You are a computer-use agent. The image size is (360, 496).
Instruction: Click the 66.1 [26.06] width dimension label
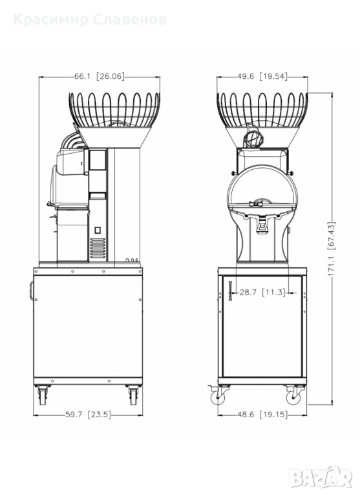tap(100, 76)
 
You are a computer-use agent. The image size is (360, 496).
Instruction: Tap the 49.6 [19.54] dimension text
tap(262, 76)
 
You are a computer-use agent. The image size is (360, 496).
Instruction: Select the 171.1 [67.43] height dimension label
tap(332, 249)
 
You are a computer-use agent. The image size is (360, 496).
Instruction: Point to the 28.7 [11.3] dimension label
tap(262, 293)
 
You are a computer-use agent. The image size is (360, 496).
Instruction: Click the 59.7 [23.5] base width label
tap(89, 415)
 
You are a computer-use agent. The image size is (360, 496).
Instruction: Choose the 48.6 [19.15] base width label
tap(262, 415)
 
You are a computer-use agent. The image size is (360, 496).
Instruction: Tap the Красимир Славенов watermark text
tap(90, 19)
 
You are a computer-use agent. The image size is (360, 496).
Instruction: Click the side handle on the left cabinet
tap(32, 291)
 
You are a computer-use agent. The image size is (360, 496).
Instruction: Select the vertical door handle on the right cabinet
tap(230, 291)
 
